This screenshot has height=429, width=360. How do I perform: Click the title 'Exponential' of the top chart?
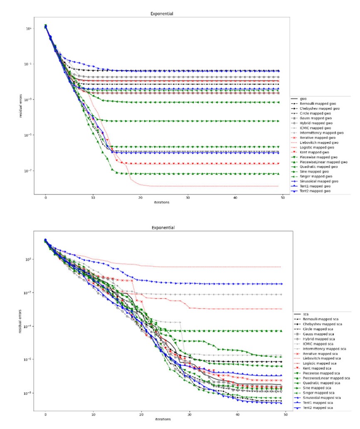coord(162,14)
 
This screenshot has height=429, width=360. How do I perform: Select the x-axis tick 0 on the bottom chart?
coord(45,415)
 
